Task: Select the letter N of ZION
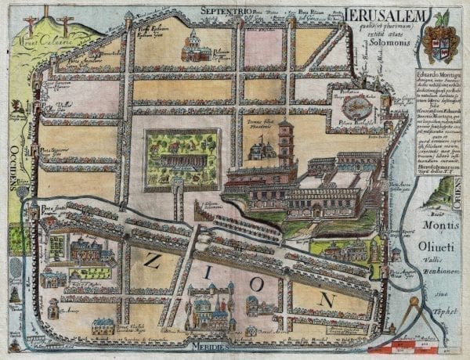(327, 298)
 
